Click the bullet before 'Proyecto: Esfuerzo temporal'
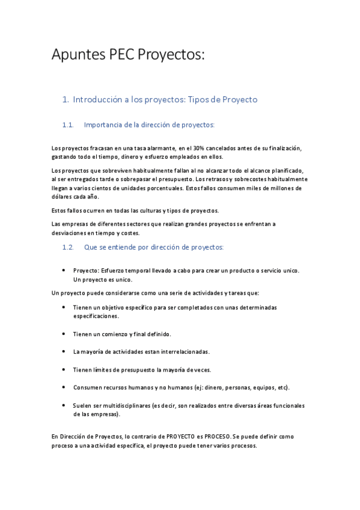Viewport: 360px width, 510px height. coord(64,271)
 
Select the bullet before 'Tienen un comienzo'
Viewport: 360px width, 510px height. coord(64,333)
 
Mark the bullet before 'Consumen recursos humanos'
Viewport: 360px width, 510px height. coord(64,387)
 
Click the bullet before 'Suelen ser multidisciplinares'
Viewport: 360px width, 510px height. coord(64,405)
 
